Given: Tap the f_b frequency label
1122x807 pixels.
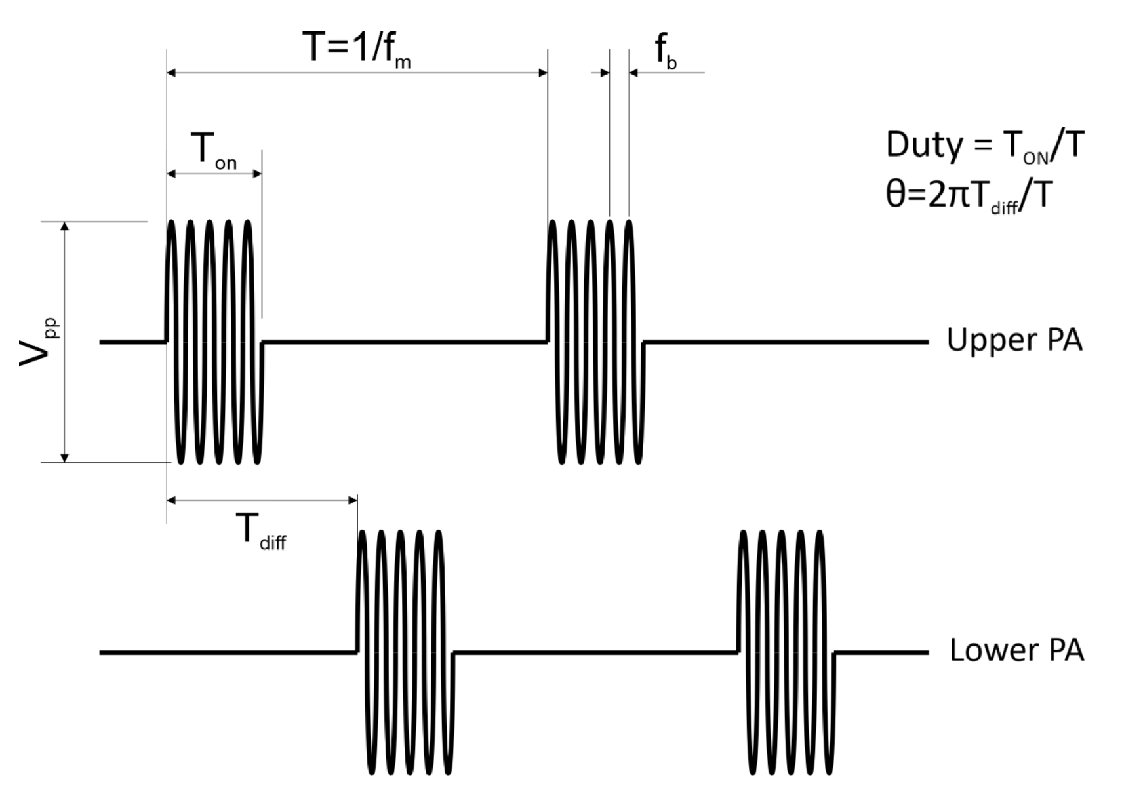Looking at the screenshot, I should point(666,51).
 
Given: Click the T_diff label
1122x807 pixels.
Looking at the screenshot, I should point(260,531).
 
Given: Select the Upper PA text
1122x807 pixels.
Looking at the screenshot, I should point(1014,340).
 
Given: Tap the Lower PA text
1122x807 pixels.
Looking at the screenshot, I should point(1016,650).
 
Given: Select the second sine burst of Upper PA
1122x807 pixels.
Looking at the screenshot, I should point(595,342).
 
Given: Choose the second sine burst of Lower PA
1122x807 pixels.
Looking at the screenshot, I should point(786,652).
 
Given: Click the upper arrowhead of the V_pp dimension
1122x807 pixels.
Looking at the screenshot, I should point(64,227).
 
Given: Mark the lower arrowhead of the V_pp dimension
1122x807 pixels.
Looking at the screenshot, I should point(64,458).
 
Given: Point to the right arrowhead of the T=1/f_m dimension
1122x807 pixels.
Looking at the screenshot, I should point(543,73).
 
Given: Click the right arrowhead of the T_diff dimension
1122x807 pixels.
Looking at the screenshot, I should point(353,500).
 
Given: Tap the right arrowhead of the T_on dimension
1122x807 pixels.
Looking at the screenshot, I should point(257,174).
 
